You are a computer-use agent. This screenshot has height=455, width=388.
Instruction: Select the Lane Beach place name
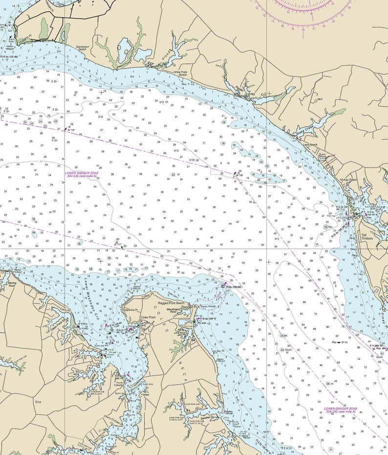tap(310, 145)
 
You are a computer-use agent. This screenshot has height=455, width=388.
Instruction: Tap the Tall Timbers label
tap(367, 237)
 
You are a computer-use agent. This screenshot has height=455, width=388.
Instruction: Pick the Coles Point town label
tap(148, 317)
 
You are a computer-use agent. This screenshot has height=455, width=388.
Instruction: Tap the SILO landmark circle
tap(317, 99)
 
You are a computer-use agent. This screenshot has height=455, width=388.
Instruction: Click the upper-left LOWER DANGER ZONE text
tap(82, 174)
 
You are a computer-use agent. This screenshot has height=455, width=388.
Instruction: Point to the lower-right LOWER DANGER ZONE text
tap(341, 410)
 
